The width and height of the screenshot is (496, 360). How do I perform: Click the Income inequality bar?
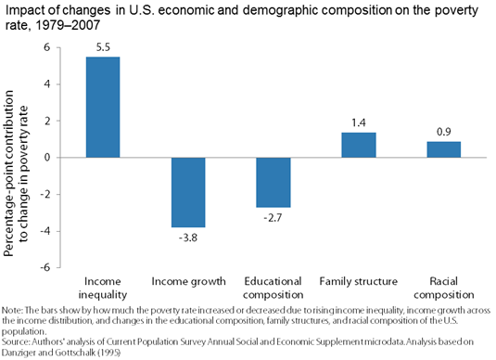102,107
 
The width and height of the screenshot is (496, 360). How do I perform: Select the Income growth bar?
188,192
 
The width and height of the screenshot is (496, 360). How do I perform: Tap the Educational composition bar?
273,182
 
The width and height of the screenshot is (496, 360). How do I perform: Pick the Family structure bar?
359,145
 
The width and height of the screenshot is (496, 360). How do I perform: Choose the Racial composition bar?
443,149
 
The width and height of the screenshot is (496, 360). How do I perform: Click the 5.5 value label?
102,45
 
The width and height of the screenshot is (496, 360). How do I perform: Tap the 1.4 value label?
359,121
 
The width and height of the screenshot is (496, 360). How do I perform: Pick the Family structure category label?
359,280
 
